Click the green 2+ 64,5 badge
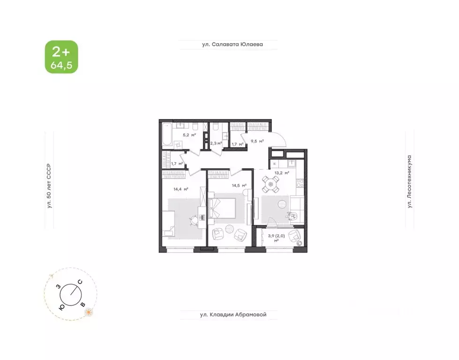(61, 57)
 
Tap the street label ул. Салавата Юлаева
(229, 45)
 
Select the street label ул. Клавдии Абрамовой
(230, 315)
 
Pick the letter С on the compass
(80, 282)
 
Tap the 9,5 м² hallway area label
(256, 141)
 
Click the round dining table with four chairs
(271, 184)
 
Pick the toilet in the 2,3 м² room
(216, 127)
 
